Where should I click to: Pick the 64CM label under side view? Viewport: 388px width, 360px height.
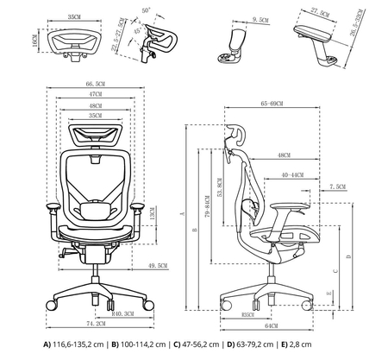click(272, 327)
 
